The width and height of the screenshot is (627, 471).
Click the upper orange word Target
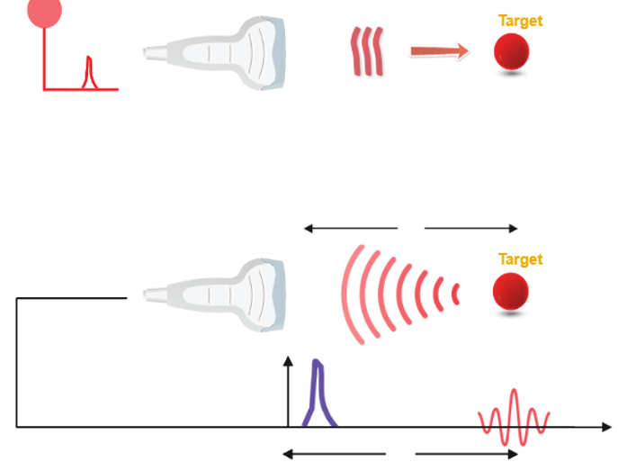[x=520, y=20]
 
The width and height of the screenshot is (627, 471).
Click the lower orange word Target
[x=520, y=259]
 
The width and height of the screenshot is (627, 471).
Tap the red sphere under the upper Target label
[x=510, y=52]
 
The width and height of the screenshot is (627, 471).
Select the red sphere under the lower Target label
[x=510, y=293]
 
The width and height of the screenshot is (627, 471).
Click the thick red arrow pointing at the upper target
[x=439, y=51]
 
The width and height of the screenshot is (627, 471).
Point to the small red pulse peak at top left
[x=88, y=72]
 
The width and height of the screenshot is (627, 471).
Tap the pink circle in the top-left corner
[x=45, y=11]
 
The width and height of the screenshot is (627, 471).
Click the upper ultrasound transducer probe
[x=219, y=51]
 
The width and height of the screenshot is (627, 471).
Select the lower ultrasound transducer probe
[x=219, y=292]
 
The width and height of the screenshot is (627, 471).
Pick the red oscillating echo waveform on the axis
[x=514, y=419]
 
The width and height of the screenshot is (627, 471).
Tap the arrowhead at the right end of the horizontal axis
[x=606, y=425]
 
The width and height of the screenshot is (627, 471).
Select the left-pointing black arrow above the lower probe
[x=350, y=229]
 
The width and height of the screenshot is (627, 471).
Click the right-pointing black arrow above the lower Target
[x=471, y=229]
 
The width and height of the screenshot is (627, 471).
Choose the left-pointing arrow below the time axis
[x=334, y=454]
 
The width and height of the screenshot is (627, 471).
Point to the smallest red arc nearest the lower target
[x=456, y=294]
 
